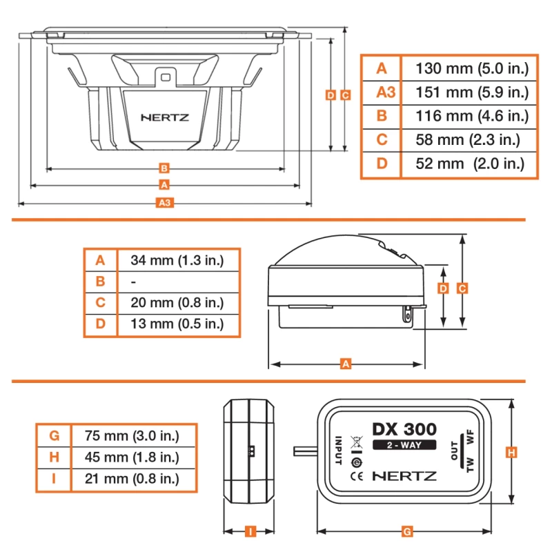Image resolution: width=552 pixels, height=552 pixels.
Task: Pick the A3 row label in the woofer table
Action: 386,92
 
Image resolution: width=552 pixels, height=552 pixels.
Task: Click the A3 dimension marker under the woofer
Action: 165,202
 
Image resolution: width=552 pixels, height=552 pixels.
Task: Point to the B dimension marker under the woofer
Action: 164,168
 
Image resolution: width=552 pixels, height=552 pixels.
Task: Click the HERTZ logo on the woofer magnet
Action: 165,117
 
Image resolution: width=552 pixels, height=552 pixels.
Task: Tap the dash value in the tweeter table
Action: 133,282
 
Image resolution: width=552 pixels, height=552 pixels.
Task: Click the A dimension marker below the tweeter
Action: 346,364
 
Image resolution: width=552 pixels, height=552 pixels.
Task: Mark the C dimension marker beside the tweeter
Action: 462,288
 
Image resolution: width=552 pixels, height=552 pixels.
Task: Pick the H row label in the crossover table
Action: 55,457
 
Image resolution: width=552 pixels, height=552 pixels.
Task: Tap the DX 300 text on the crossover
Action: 404,429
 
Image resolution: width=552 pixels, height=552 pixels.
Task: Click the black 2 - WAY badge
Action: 404,445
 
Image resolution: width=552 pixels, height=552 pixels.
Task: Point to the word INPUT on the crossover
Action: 338,451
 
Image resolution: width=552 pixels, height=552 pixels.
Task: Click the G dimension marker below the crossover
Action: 407,531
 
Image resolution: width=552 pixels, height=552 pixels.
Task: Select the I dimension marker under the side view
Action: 250,531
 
